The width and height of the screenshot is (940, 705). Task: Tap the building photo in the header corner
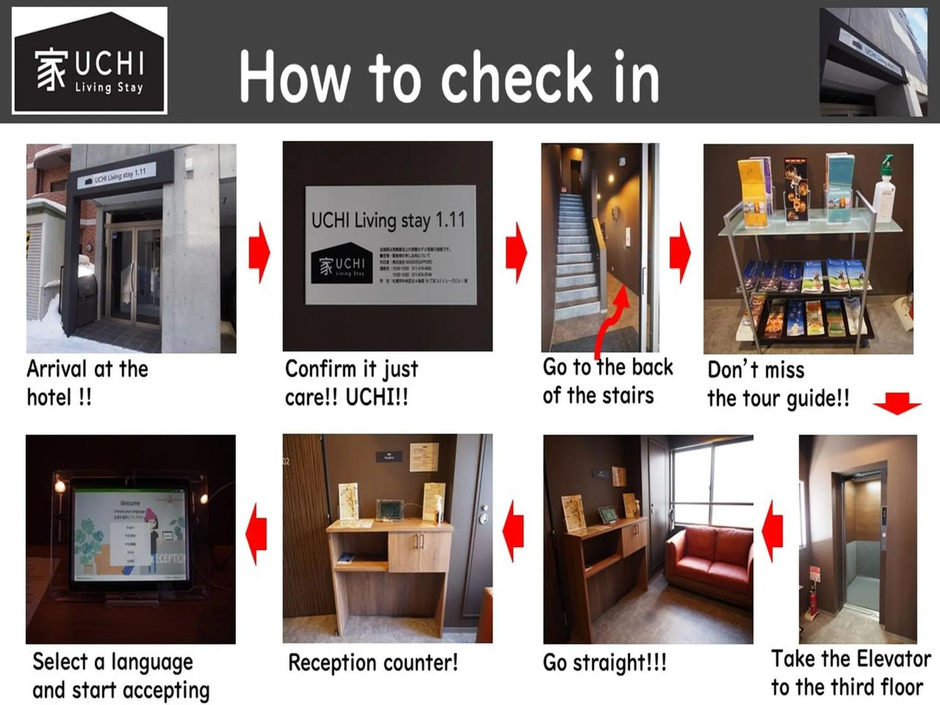coord(873,62)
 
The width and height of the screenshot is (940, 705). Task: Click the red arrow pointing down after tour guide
coord(897,404)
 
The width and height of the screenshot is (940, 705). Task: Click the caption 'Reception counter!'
coord(373,663)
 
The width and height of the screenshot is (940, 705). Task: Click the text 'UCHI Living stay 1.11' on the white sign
coord(388,221)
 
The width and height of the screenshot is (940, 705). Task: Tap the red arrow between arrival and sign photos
coord(260,252)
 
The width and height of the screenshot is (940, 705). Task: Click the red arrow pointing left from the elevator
coord(773,531)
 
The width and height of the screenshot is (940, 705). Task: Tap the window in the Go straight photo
coord(711,487)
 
